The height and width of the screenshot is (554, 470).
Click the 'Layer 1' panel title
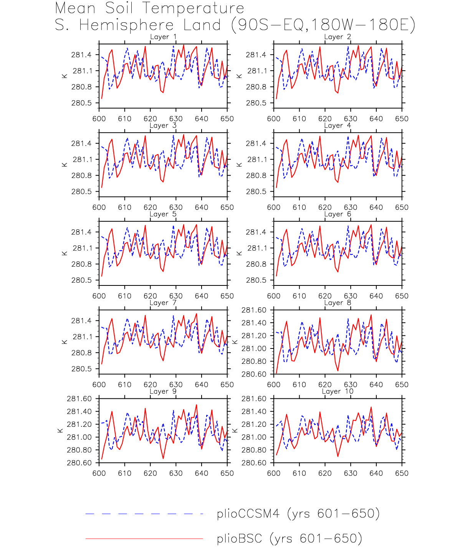163,37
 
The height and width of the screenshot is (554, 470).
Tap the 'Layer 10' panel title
338,391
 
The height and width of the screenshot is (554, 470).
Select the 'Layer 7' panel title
163,303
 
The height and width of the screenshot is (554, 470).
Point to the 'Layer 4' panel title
338,126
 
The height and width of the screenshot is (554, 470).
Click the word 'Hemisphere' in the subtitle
127,25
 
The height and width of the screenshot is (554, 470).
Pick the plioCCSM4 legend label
298,514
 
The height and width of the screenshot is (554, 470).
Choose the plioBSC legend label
289,539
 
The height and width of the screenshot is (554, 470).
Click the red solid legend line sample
144,539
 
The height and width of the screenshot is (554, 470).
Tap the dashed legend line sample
144,514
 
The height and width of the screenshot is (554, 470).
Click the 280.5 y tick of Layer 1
81,103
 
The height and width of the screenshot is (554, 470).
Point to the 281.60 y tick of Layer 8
253,310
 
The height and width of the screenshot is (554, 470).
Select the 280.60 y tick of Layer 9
79,463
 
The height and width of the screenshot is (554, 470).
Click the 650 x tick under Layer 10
402,473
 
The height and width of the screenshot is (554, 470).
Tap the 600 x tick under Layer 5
99,296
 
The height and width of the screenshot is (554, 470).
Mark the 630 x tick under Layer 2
350,119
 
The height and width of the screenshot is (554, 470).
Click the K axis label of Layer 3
65,165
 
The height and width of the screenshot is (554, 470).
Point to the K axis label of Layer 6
239,253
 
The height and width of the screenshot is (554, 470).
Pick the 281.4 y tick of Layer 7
81,321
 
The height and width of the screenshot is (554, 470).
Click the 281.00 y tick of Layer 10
253,437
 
